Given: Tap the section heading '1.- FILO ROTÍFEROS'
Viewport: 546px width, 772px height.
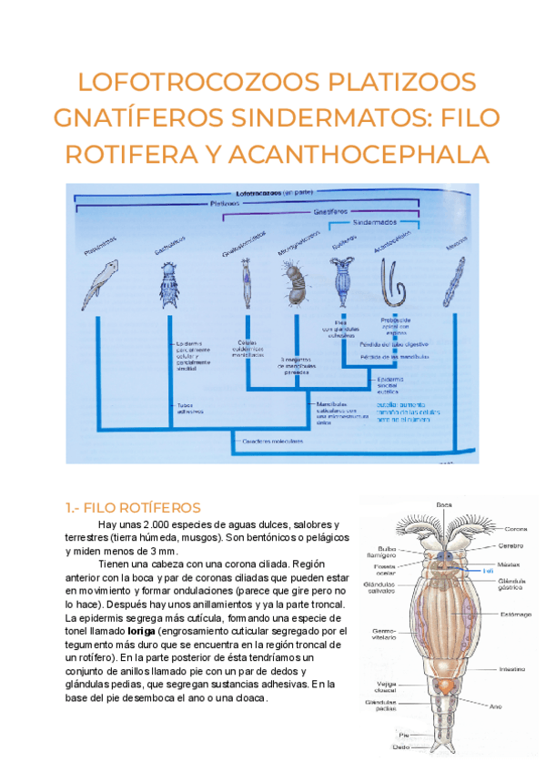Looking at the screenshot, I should pos(133,507).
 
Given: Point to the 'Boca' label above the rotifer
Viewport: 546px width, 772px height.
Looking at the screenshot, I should pos(444,504).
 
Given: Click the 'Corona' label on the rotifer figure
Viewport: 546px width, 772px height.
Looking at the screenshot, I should pos(516,529).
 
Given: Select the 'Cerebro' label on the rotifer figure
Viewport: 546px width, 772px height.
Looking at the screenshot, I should pos(510,546).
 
